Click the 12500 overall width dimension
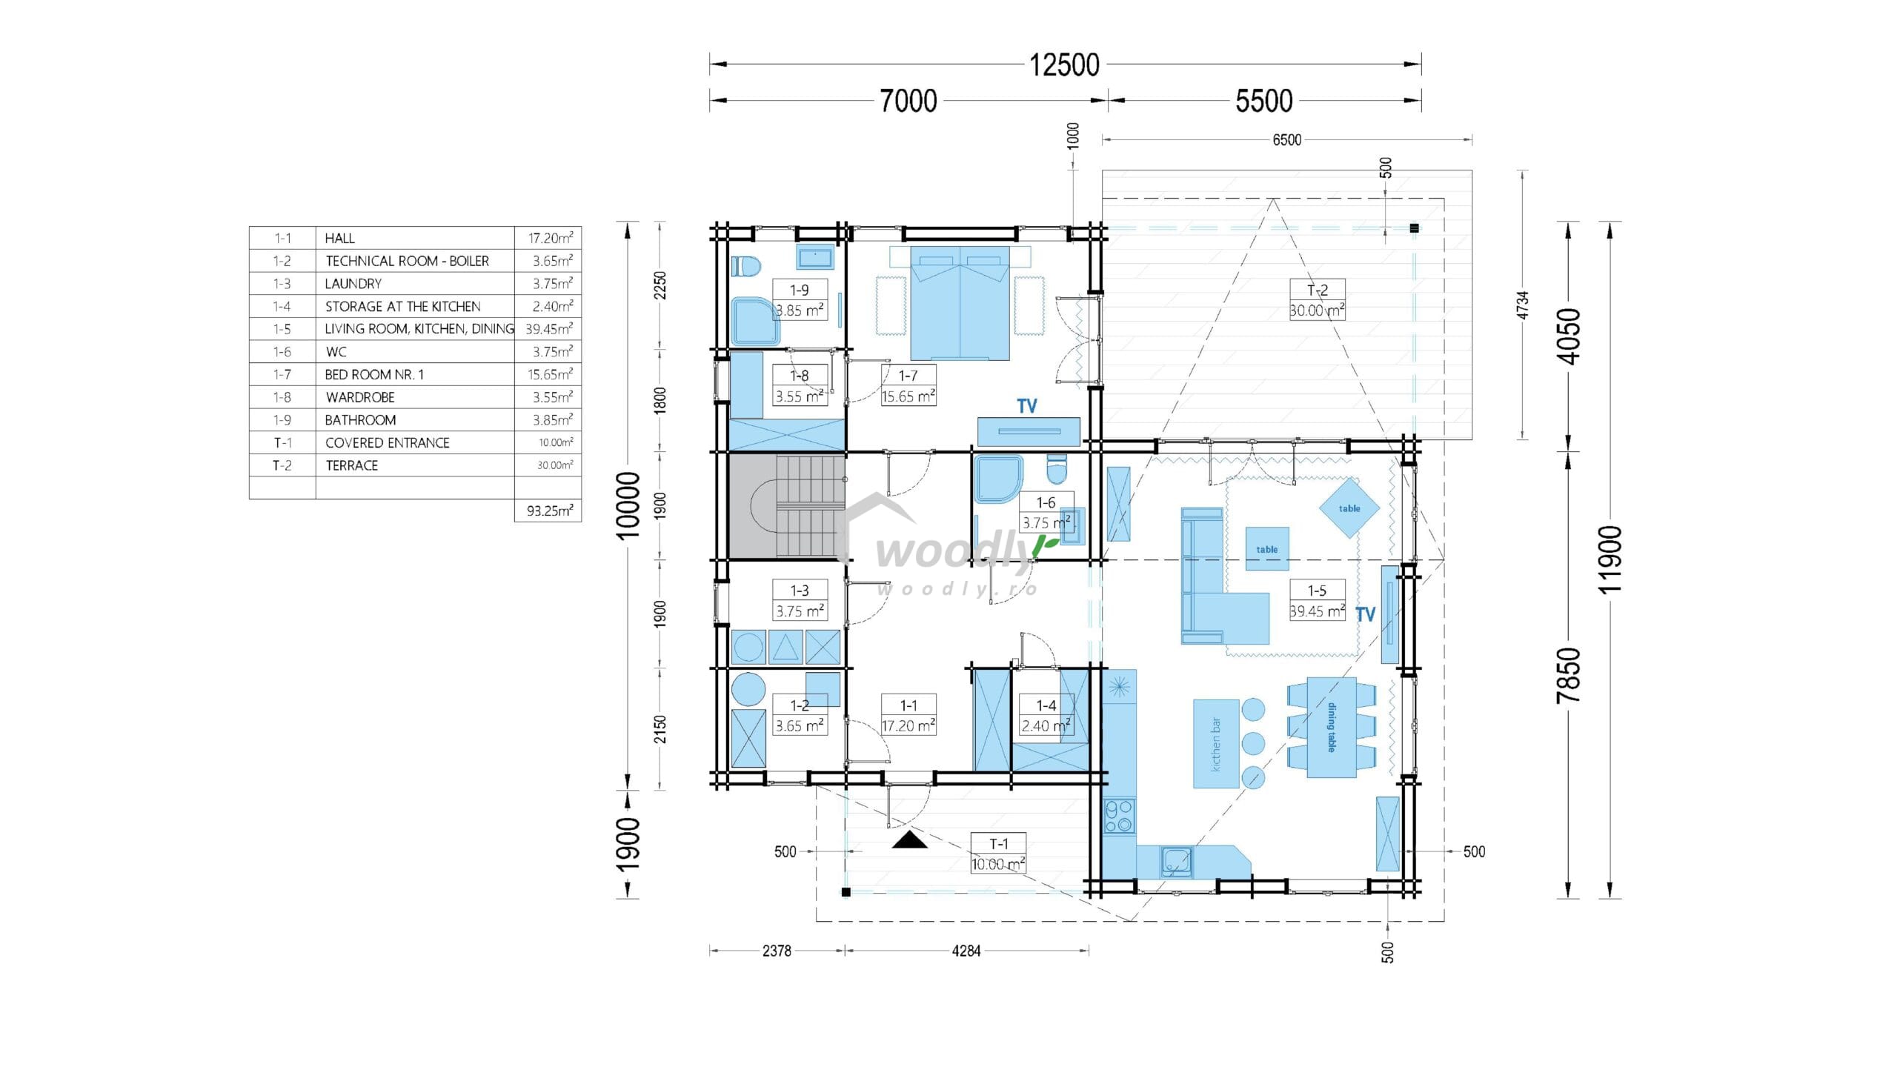tap(1064, 65)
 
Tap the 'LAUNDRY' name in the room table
tap(353, 284)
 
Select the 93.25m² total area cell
tap(549, 511)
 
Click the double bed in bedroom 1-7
tap(960, 303)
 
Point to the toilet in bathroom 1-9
tap(746, 267)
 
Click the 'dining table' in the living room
tap(1332, 727)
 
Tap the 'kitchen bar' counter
tap(1216, 743)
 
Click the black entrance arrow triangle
tap(909, 840)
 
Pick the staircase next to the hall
tap(787, 506)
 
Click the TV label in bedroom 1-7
tap(1027, 406)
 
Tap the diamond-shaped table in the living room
tap(1349, 508)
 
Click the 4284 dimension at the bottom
tap(966, 951)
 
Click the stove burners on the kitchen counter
tap(1119, 816)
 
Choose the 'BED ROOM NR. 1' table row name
tap(374, 375)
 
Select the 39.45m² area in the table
tap(549, 329)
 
